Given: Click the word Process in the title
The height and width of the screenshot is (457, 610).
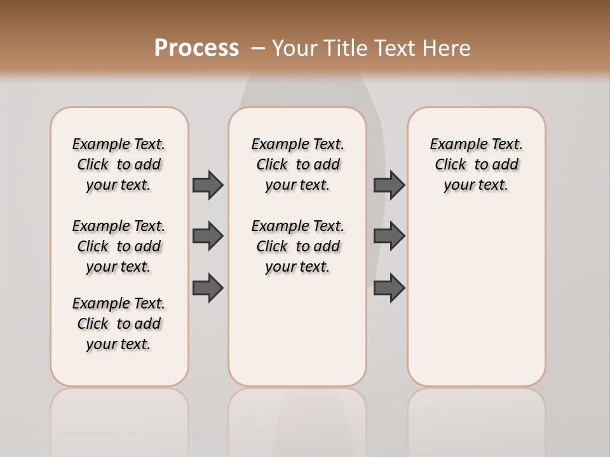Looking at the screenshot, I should (x=196, y=48).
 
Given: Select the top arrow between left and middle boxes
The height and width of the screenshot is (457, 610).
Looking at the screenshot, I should (x=208, y=185).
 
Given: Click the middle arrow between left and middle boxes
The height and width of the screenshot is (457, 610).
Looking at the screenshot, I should (x=208, y=236).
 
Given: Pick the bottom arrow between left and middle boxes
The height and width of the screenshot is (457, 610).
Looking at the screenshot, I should (x=208, y=288).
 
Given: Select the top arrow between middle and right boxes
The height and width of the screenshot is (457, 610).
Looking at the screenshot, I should (x=389, y=185).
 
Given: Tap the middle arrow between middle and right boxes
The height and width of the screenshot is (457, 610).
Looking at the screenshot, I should (x=389, y=236).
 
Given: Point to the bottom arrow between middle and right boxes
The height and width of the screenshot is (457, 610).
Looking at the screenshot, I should (x=389, y=288).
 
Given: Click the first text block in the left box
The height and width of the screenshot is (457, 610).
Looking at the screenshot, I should (x=119, y=164).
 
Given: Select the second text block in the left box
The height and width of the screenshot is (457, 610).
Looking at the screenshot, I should (x=119, y=246).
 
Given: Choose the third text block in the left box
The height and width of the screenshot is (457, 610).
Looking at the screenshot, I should (x=119, y=324).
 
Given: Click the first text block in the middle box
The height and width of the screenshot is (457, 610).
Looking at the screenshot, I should (x=297, y=164).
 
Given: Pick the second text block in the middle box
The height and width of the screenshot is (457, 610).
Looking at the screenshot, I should (x=297, y=246).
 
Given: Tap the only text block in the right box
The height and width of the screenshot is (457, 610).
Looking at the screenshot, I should (x=477, y=164).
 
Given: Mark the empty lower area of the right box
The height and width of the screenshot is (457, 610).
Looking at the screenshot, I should (x=477, y=298).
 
